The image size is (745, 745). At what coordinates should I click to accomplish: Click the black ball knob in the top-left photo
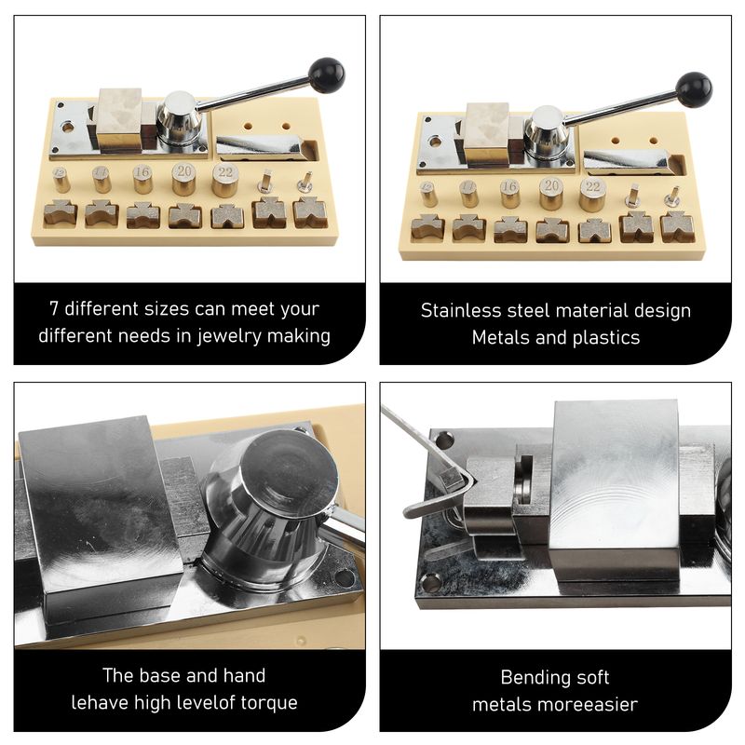pyautogui.click(x=326, y=74)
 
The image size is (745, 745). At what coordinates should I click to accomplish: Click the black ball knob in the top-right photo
pyautogui.click(x=694, y=89)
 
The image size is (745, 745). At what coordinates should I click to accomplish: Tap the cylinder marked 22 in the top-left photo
pyautogui.click(x=225, y=180)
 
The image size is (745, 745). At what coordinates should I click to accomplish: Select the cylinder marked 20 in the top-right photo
pyautogui.click(x=551, y=194)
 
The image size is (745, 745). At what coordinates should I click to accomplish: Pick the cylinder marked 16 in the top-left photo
pyautogui.click(x=142, y=179)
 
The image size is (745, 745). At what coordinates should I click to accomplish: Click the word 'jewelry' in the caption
pyautogui.click(x=230, y=336)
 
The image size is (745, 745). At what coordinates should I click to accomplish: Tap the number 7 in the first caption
pyautogui.click(x=54, y=309)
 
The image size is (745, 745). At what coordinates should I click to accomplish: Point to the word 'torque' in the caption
pyautogui.click(x=269, y=703)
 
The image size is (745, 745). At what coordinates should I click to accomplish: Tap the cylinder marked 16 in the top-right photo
pyautogui.click(x=509, y=194)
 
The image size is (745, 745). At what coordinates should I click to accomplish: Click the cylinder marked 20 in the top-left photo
pyautogui.click(x=183, y=179)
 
